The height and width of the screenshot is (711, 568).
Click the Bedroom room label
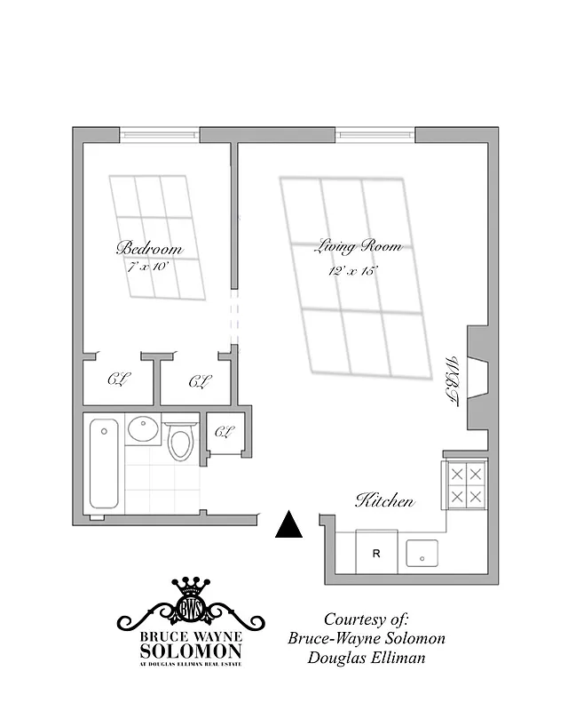[149, 248]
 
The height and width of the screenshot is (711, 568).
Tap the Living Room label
[358, 246]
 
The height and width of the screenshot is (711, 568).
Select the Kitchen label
[384, 501]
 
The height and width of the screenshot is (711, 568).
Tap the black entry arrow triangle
[288, 525]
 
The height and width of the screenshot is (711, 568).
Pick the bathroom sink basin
[143, 430]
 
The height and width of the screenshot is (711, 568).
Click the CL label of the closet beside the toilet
[224, 433]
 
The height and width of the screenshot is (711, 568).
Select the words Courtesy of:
[366, 619]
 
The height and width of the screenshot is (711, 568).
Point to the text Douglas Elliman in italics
[366, 659]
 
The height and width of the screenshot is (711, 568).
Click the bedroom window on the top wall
[160, 135]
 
